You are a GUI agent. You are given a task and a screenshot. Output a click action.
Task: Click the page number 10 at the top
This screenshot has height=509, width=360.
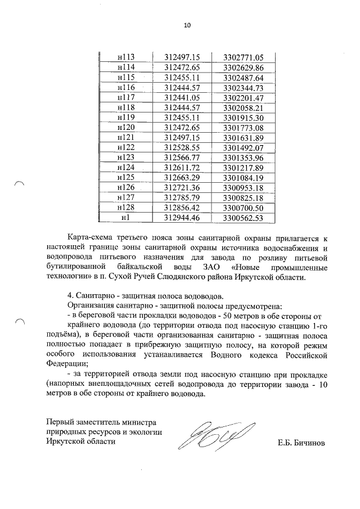(x=187, y=25)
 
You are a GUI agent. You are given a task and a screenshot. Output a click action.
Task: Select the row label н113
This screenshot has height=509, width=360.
(x=126, y=57)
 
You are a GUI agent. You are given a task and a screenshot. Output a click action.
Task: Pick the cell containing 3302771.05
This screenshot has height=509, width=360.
(x=244, y=57)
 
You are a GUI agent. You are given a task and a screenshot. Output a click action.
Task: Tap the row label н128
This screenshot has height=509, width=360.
(x=126, y=208)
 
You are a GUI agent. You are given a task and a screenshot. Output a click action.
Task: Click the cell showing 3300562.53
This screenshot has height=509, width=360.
(x=244, y=218)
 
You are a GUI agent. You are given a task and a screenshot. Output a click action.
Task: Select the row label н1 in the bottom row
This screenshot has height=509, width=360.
(x=126, y=218)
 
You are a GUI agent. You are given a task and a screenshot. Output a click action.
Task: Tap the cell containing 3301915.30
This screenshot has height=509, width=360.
(x=244, y=118)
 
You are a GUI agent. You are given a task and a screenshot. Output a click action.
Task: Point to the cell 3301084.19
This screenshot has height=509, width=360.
(x=244, y=178)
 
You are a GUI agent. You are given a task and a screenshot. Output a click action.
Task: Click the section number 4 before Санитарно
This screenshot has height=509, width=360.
(x=69, y=297)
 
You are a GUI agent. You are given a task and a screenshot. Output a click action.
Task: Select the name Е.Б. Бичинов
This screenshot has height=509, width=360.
(x=301, y=443)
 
